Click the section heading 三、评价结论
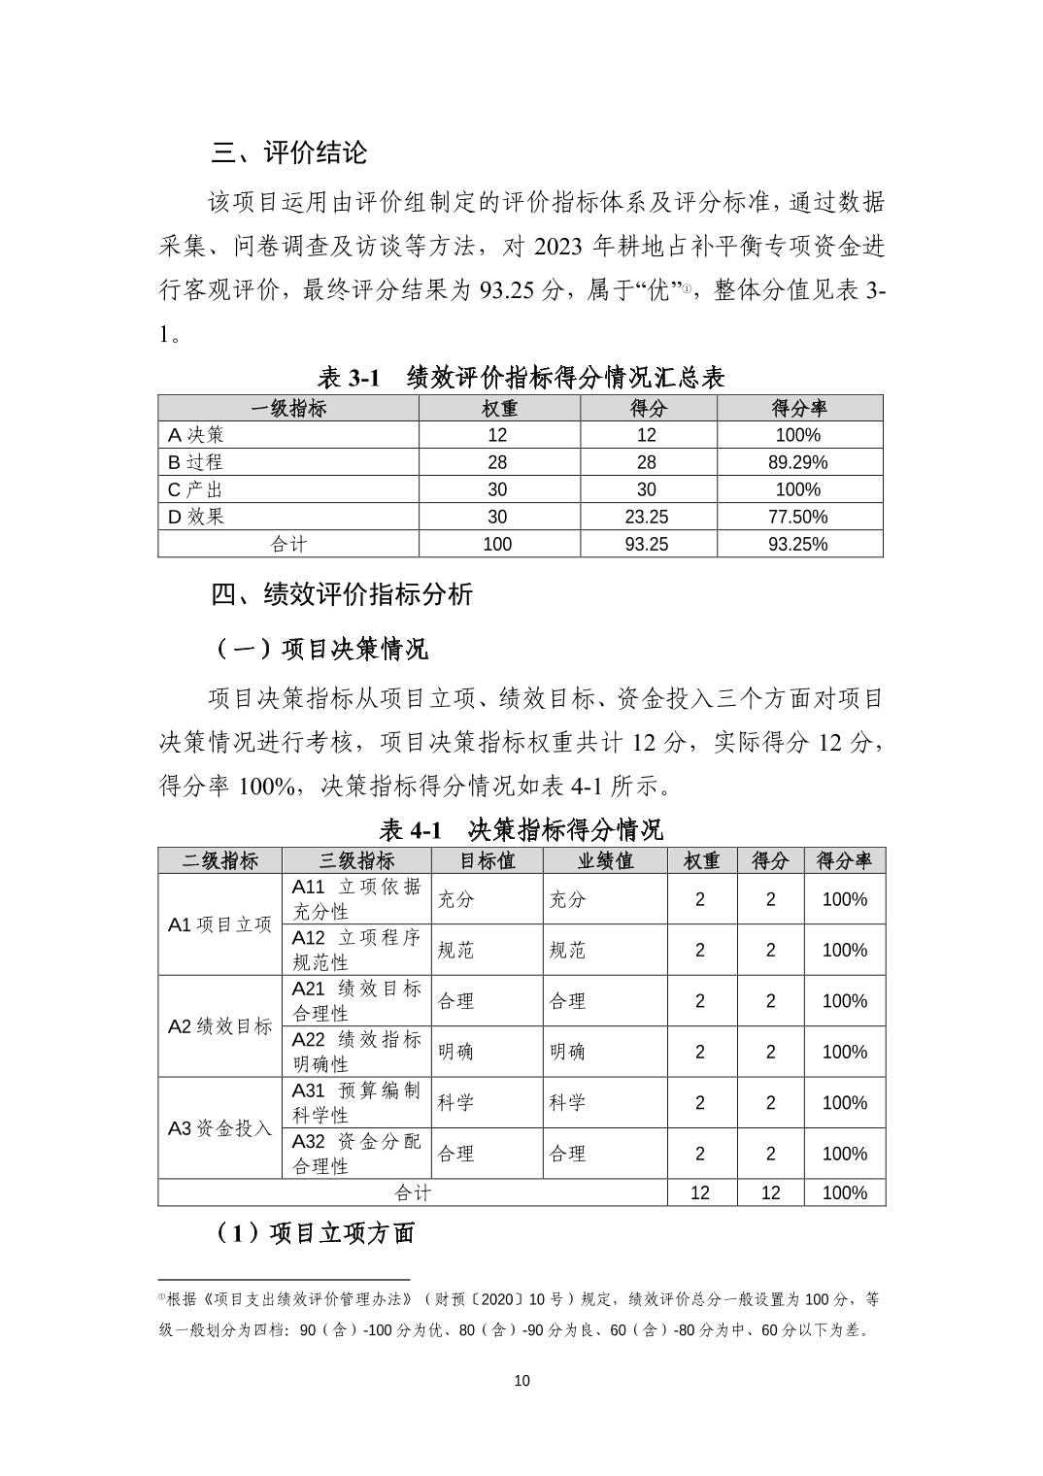(288, 152)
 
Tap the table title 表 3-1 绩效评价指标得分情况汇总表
(521, 377)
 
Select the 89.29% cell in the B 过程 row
(797, 462)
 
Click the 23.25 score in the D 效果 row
(646, 517)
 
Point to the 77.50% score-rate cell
(797, 517)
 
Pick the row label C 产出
(196, 489)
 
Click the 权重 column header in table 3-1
(498, 408)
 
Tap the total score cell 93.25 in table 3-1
(646, 544)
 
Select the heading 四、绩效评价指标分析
(342, 594)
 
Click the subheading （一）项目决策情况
(320, 649)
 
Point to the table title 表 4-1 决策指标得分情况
(521, 829)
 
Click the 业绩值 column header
(604, 860)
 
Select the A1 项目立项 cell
(219, 924)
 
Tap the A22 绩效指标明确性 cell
(356, 1052)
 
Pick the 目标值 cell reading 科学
(455, 1103)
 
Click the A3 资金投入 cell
(219, 1128)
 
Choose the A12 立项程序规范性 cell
(356, 950)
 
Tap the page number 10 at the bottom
(521, 1381)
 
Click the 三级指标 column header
(356, 860)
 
